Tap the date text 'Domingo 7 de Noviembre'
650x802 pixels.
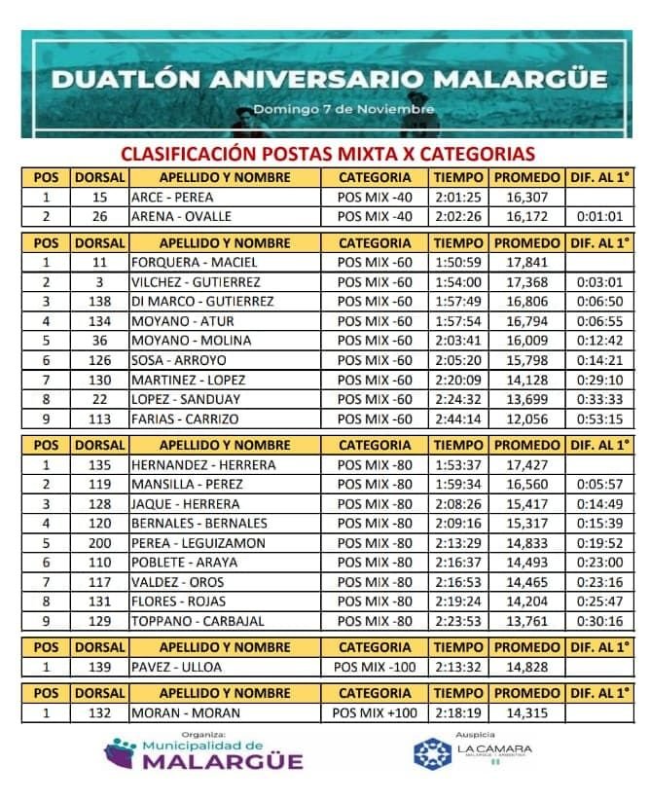click(x=343, y=109)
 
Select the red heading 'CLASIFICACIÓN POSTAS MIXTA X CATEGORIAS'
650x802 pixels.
click(x=327, y=154)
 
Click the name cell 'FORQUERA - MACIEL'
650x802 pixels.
click(x=187, y=262)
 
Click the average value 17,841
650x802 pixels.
click(x=526, y=262)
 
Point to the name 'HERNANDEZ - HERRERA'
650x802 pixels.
click(x=203, y=464)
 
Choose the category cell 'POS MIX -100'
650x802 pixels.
click(x=375, y=667)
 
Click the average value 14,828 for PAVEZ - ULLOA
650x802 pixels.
click(x=526, y=667)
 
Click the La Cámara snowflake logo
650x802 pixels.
click(x=433, y=753)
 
